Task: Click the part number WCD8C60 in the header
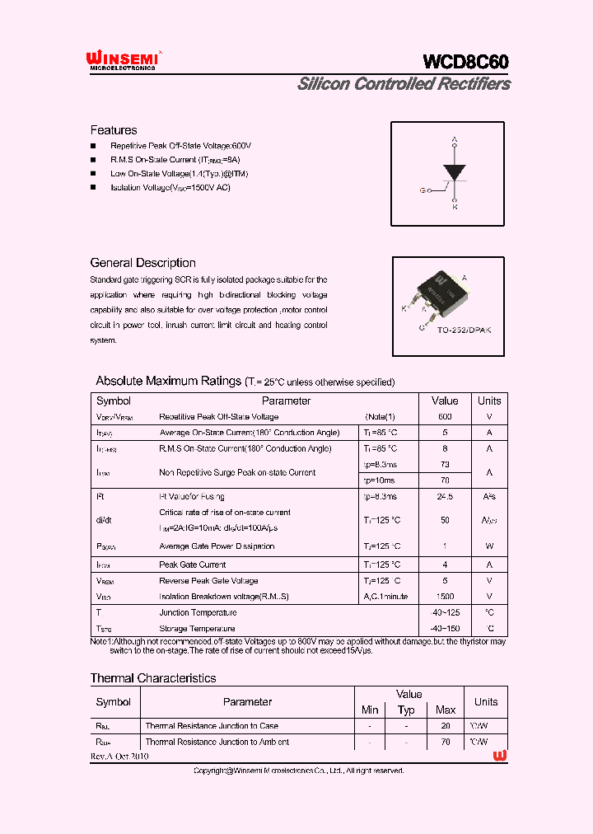pyautogui.click(x=465, y=62)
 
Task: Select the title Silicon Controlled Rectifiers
pyautogui.click(x=404, y=84)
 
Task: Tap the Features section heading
pyautogui.click(x=114, y=130)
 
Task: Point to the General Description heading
pyautogui.click(x=142, y=263)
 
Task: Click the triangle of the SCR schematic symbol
pyautogui.click(x=455, y=172)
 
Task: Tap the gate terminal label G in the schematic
pyautogui.click(x=423, y=190)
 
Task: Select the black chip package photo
pyautogui.click(x=435, y=292)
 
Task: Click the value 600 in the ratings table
pyautogui.click(x=445, y=417)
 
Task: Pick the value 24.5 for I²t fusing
pyautogui.click(x=445, y=497)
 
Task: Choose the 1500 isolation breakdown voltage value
pyautogui.click(x=445, y=597)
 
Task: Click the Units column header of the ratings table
pyautogui.click(x=489, y=401)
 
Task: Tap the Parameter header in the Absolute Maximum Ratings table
pyautogui.click(x=286, y=401)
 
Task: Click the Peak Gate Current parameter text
pyautogui.click(x=192, y=565)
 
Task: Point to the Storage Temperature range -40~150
pyautogui.click(x=445, y=629)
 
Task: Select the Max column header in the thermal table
pyautogui.click(x=446, y=710)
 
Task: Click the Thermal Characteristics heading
pyautogui.click(x=153, y=678)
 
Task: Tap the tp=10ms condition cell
pyautogui.click(x=380, y=480)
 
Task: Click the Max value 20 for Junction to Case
pyautogui.click(x=446, y=726)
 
